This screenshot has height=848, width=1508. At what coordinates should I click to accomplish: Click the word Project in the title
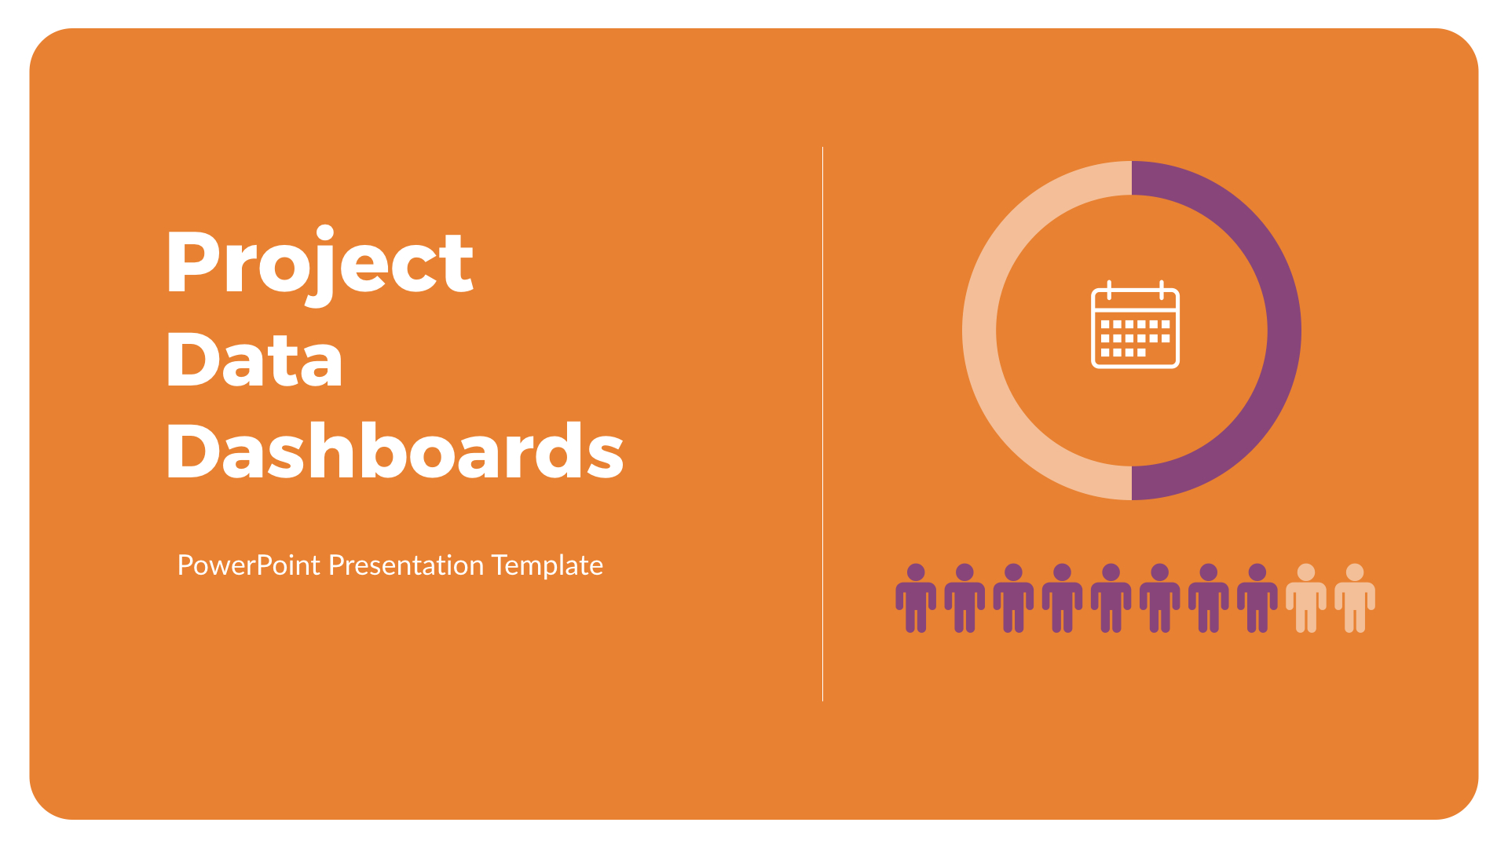(319, 263)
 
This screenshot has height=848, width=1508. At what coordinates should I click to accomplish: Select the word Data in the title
(254, 360)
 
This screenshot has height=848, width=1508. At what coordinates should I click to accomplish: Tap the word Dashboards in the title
(394, 451)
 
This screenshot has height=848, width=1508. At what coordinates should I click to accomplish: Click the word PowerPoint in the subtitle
(248, 565)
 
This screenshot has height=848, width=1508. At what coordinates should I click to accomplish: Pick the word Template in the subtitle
(547, 565)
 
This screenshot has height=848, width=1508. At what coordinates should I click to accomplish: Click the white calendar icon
(1135, 325)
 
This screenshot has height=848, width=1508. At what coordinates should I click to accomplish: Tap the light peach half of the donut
(980, 330)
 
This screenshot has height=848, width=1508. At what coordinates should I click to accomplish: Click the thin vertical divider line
(822, 424)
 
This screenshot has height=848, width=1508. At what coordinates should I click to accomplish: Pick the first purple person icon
(916, 598)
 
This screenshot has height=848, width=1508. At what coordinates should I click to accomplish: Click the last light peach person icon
(1355, 598)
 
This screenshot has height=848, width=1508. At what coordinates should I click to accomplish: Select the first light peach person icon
(1306, 598)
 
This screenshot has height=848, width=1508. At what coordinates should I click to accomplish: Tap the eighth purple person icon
(1257, 598)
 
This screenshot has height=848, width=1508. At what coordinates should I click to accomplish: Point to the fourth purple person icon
(1062, 598)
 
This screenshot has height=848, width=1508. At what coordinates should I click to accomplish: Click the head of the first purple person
(916, 572)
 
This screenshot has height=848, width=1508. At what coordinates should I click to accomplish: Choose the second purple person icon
(964, 598)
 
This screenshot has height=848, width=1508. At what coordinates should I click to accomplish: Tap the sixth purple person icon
(1160, 598)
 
